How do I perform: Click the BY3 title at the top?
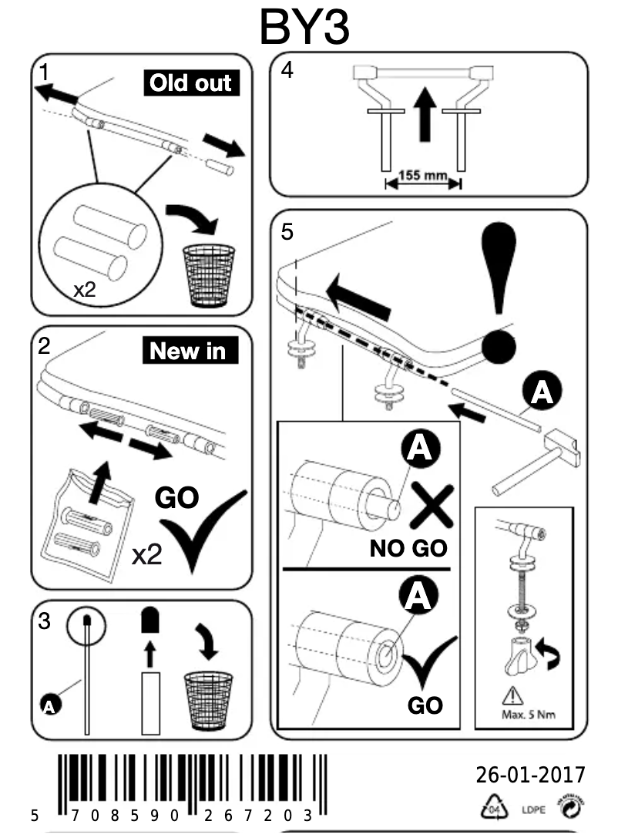click(x=305, y=27)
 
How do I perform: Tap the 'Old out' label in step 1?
click(x=191, y=83)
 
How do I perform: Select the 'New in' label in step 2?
click(x=189, y=352)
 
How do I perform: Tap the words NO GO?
click(x=408, y=549)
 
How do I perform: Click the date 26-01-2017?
click(x=530, y=774)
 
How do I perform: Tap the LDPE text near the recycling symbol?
click(x=533, y=809)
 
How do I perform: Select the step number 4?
click(x=287, y=70)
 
